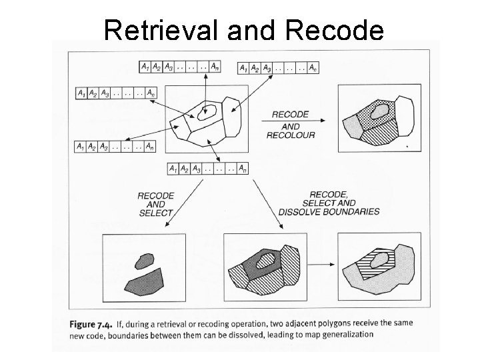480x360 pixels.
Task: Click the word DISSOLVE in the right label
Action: click(x=303, y=212)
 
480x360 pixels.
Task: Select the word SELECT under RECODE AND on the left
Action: click(x=156, y=213)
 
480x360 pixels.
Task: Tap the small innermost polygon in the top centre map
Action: click(x=209, y=111)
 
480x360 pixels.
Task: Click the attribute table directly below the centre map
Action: click(x=206, y=168)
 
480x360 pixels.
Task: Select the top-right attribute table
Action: click(x=277, y=67)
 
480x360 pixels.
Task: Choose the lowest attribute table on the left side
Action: click(x=115, y=145)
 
